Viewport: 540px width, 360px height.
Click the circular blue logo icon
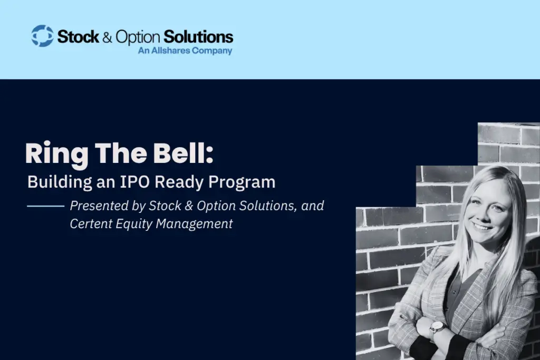pos(42,36)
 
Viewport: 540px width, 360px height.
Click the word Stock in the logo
pos(78,36)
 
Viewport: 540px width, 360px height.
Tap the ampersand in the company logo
pos(107,37)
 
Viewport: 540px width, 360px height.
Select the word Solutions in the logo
pos(198,36)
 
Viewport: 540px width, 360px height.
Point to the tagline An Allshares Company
pos(185,51)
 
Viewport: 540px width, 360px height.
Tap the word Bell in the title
pos(179,153)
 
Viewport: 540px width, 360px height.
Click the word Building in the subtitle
pos(60,182)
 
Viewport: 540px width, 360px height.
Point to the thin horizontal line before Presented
pos(46,206)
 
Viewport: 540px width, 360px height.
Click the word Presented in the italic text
pos(99,206)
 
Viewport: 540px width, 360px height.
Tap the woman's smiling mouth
pos(482,227)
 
